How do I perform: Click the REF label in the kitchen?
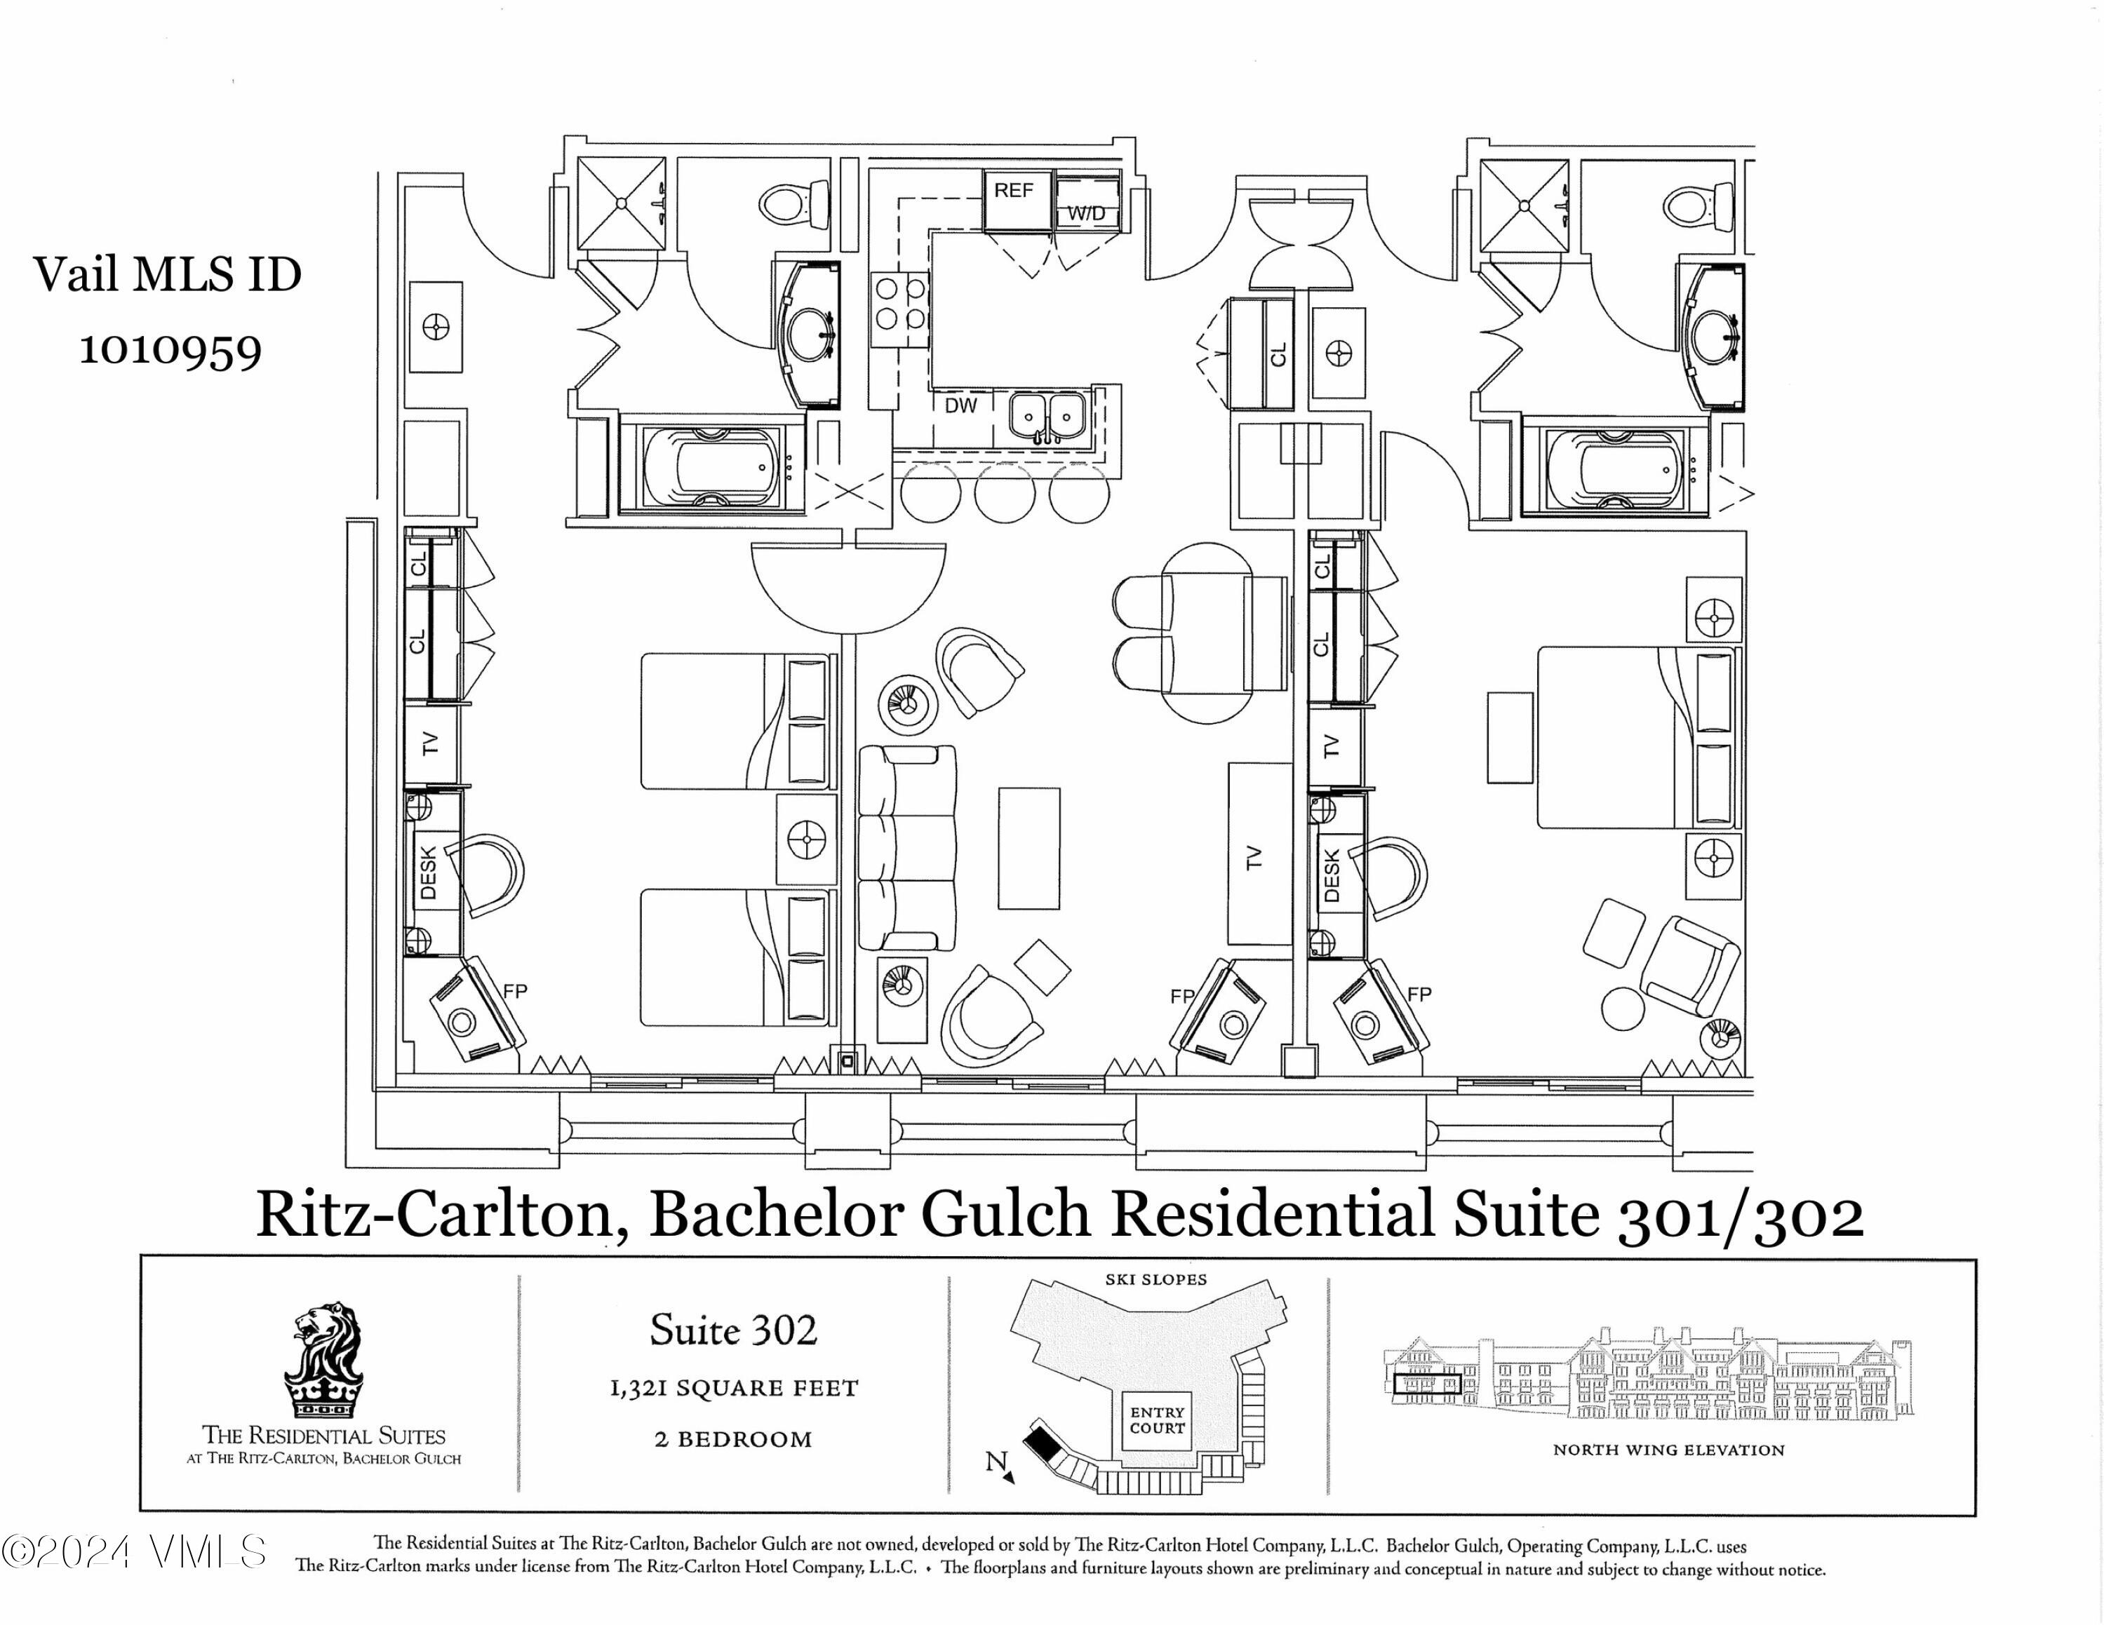[1014, 190]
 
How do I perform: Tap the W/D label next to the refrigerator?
[1087, 214]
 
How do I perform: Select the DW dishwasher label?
[960, 405]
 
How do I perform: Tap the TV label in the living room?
[1253, 857]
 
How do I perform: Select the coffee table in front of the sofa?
[1029, 848]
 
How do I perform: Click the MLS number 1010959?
[170, 350]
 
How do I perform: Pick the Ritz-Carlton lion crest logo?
[323, 1362]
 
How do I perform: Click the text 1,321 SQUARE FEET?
[733, 1388]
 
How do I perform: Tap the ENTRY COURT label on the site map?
[1157, 1420]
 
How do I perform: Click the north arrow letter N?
[996, 1462]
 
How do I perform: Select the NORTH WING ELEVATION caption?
[1668, 1450]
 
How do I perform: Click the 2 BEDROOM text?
[733, 1439]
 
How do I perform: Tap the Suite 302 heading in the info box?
[733, 1330]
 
